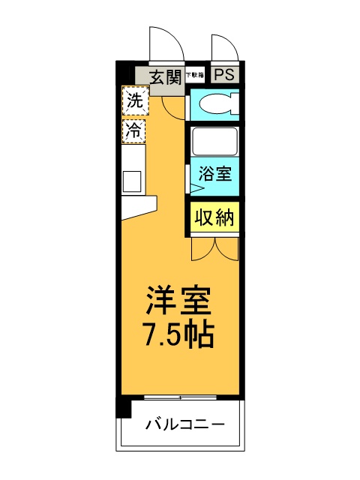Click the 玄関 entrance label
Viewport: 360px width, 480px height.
tap(166, 76)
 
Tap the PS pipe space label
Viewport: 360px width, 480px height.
tap(223, 75)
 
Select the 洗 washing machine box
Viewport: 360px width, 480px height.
tap(135, 100)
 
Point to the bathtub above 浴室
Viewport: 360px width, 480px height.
tap(214, 140)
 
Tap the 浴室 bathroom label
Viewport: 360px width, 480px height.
tap(214, 175)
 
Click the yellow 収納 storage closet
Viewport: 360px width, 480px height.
tap(215, 217)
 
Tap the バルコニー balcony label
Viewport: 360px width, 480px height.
tap(184, 425)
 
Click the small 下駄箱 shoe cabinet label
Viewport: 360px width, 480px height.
tap(194, 75)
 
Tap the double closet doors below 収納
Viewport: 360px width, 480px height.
tap(214, 247)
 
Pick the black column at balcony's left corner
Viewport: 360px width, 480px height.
tap(124, 409)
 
